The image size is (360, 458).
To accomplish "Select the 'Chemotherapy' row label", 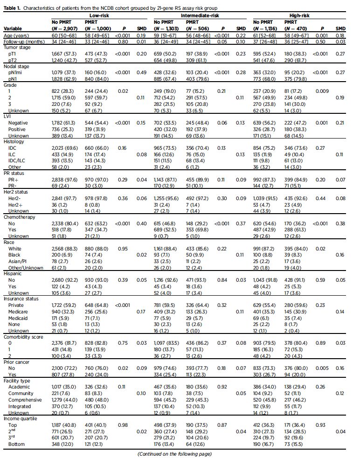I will pos(20,216).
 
